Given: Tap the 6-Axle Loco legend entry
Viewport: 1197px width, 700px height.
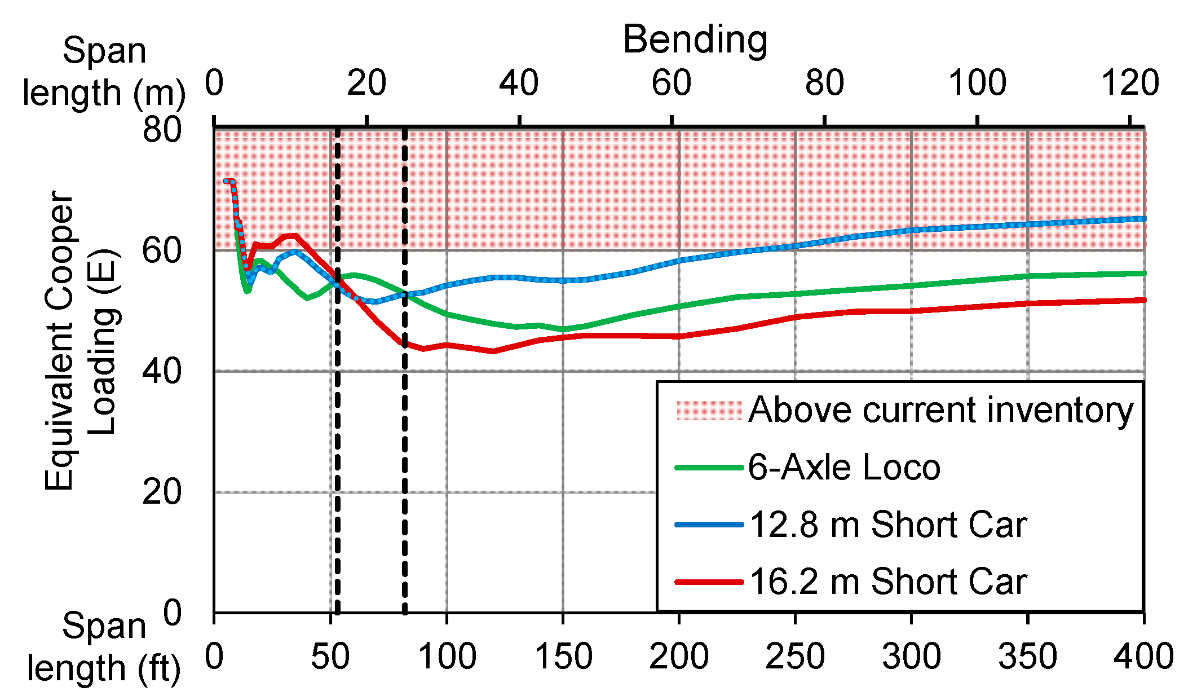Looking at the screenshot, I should [x=843, y=468].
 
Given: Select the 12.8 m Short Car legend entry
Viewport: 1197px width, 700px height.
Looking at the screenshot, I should [x=887, y=525].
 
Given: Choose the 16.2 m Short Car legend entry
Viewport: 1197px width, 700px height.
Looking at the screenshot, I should [x=887, y=582].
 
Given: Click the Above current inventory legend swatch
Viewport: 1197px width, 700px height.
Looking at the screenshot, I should [x=709, y=410].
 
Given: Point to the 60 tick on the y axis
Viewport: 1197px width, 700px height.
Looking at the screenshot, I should [x=162, y=250].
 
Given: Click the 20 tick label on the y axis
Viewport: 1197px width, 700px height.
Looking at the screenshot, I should [x=162, y=492].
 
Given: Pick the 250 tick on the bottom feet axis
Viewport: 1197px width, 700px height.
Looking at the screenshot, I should [x=795, y=657].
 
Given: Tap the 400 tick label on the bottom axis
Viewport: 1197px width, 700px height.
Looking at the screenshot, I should [x=1143, y=657].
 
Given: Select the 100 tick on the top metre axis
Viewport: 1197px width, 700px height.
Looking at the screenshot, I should [x=977, y=83].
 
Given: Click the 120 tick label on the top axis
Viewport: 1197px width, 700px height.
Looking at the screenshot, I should [x=1130, y=83].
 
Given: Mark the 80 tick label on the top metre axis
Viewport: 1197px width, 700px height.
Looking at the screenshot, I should [x=824, y=83].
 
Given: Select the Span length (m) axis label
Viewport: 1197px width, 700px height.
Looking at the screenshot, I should [x=104, y=72].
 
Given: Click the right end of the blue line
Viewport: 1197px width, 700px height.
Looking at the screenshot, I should [x=1143, y=219].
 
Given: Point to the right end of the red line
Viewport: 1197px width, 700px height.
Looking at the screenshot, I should [x=1143, y=300].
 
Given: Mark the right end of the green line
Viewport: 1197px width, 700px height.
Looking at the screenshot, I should [x=1143, y=274].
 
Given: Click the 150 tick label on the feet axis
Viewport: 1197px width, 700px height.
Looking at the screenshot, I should [x=563, y=657].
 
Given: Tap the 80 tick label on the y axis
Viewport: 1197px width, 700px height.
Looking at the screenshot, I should [x=162, y=130].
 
